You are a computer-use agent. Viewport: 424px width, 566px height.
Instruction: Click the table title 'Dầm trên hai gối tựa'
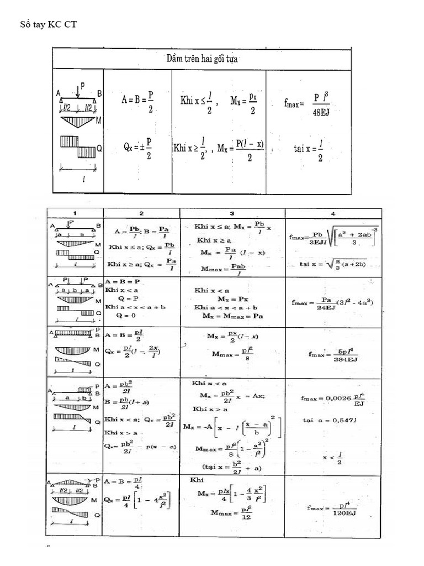202,59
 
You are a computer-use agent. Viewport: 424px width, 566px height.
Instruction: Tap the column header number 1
75,213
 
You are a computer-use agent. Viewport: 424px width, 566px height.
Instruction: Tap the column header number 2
141,213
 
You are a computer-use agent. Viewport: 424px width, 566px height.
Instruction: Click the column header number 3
232,213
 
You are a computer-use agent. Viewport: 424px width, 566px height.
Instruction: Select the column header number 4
332,213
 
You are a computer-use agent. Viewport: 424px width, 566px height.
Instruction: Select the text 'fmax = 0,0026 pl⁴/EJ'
332,399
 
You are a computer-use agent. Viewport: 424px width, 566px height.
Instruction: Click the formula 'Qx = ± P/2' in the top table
137,148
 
